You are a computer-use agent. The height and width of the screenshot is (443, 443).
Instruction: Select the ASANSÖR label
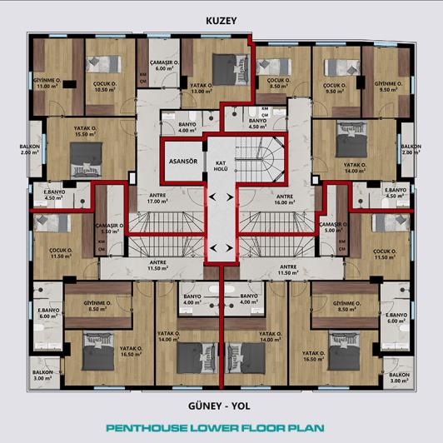(x=182, y=161)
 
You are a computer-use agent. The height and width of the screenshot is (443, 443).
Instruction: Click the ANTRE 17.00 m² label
(x=158, y=198)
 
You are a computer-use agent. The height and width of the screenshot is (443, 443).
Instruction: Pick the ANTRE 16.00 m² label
(x=286, y=198)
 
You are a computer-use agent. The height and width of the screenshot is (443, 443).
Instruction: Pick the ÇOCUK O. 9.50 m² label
(x=336, y=87)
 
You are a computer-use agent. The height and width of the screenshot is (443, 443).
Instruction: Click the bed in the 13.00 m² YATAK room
(x=224, y=65)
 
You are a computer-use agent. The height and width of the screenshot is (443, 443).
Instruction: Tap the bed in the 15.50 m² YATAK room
(x=86, y=156)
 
